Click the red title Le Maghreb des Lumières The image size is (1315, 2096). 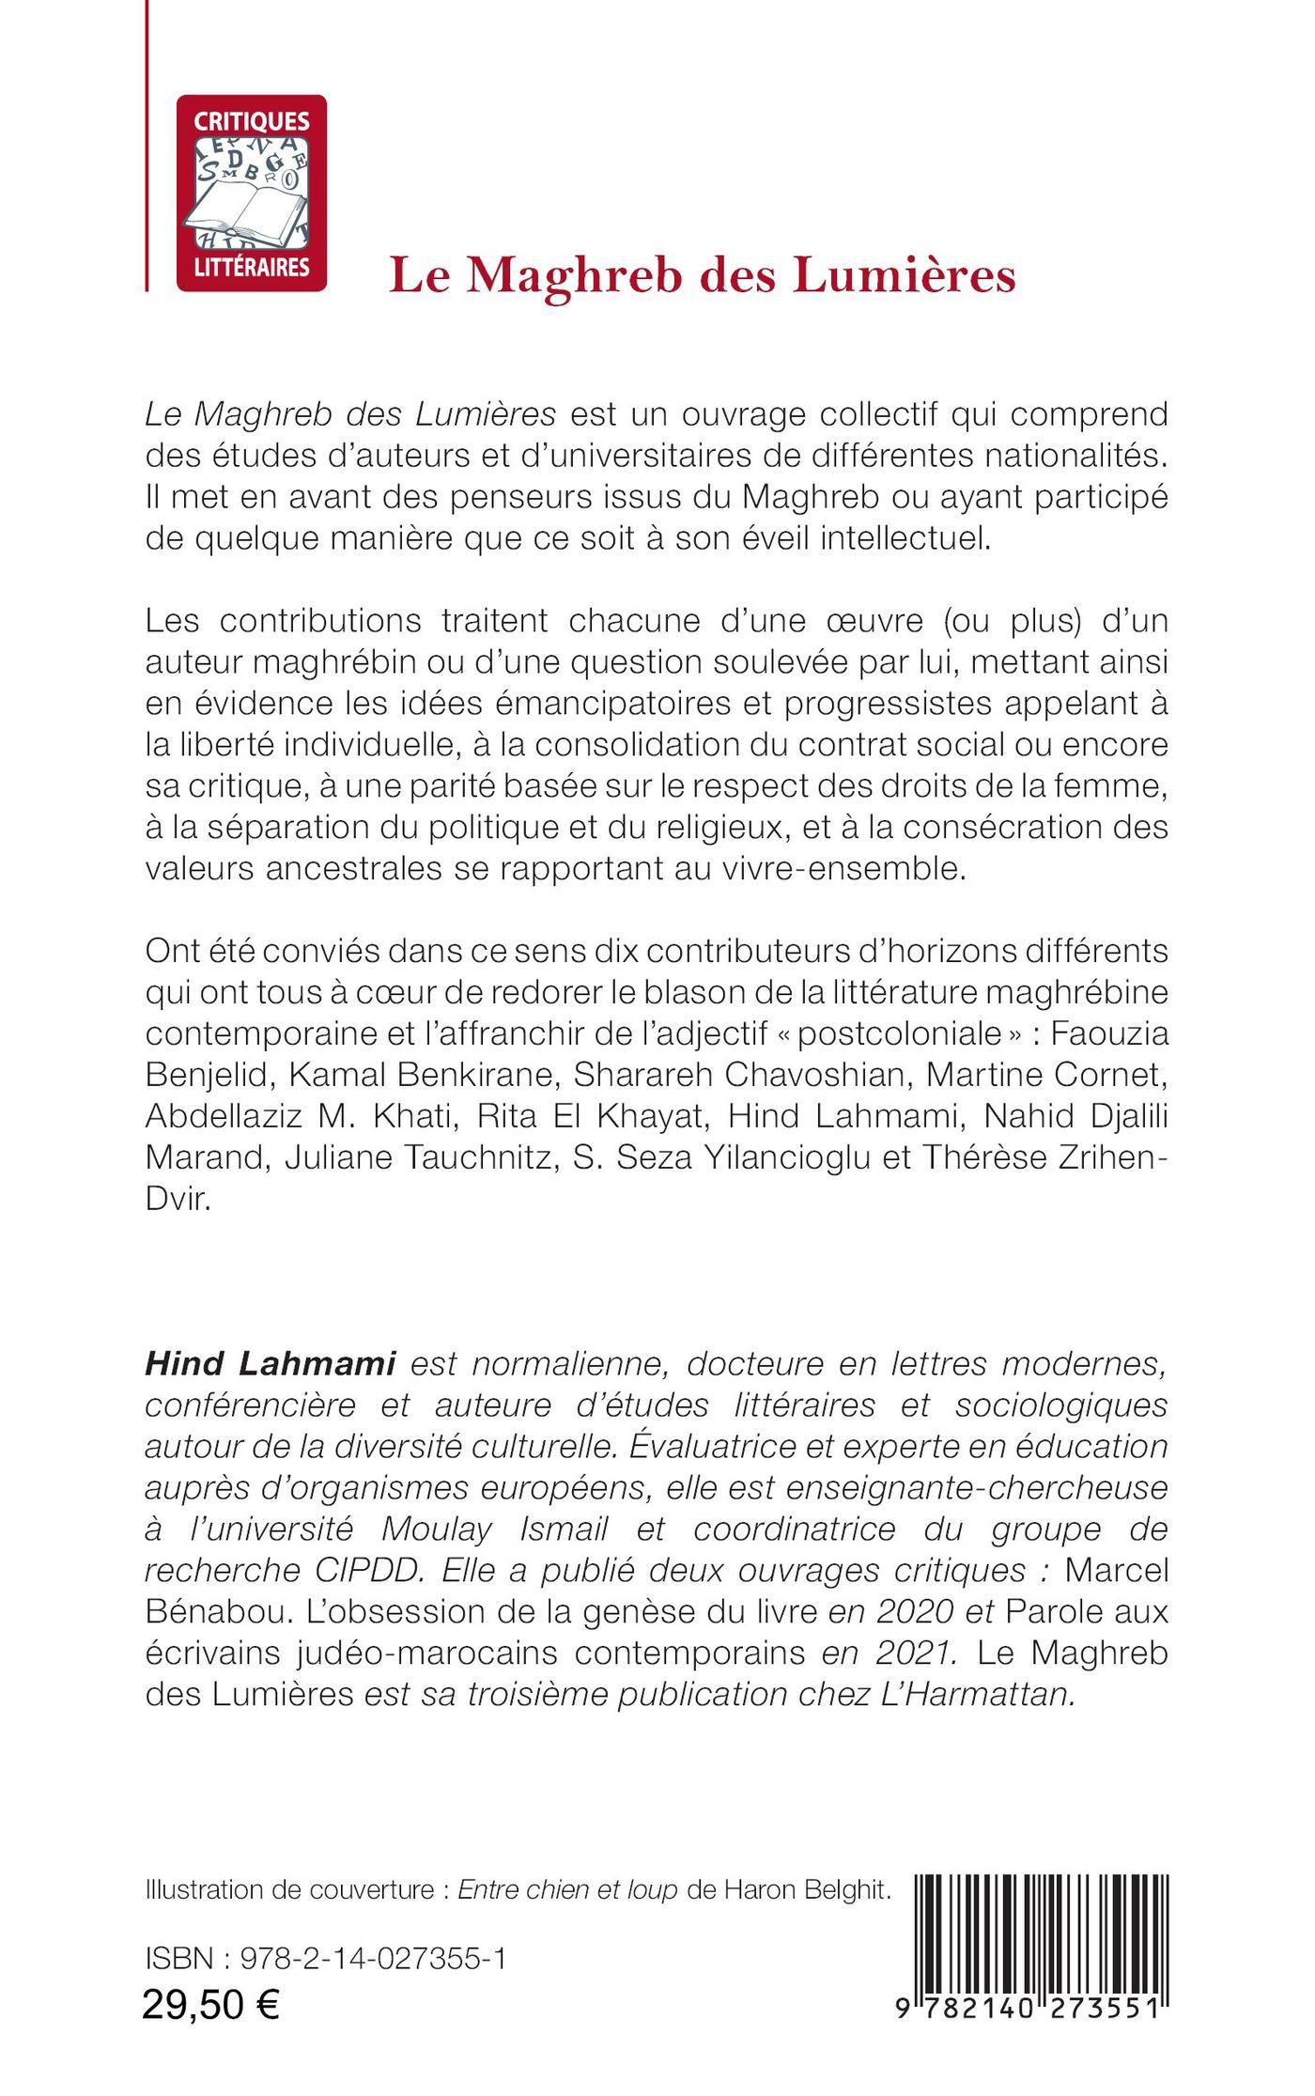703,276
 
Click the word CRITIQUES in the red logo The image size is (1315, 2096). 251,120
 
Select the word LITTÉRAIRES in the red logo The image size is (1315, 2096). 251,267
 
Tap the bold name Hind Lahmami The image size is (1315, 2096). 270,1365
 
